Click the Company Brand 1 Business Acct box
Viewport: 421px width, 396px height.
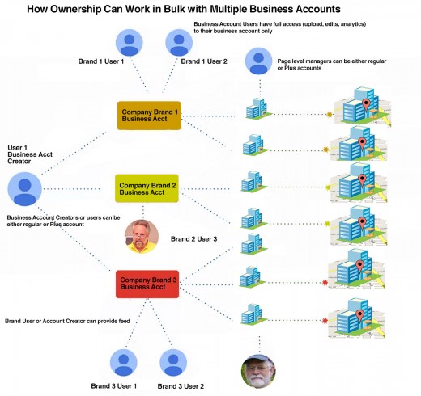[x=149, y=116]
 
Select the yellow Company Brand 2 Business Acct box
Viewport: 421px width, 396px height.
[x=147, y=188]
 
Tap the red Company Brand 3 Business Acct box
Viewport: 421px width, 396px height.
[x=147, y=284]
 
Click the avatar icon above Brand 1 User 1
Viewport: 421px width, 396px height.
[x=130, y=43]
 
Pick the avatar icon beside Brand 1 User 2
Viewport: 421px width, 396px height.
[x=179, y=43]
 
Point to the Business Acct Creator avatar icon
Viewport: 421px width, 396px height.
[x=25, y=188]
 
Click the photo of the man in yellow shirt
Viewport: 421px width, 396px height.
[x=142, y=237]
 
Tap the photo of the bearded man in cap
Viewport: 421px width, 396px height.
[x=258, y=371]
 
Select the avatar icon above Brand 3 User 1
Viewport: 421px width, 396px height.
[x=124, y=362]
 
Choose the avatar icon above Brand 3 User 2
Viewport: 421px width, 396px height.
[x=173, y=362]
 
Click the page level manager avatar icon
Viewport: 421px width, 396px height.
[x=258, y=61]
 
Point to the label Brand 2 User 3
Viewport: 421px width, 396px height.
[x=193, y=239]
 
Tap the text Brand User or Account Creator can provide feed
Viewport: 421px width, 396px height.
[x=67, y=321]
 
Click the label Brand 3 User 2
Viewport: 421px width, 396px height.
[x=181, y=386]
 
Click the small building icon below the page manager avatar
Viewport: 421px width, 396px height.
[x=257, y=108]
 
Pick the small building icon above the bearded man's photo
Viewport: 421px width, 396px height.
[x=253, y=314]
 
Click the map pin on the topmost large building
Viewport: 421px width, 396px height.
[x=366, y=104]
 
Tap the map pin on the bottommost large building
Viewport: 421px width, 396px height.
[x=359, y=315]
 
